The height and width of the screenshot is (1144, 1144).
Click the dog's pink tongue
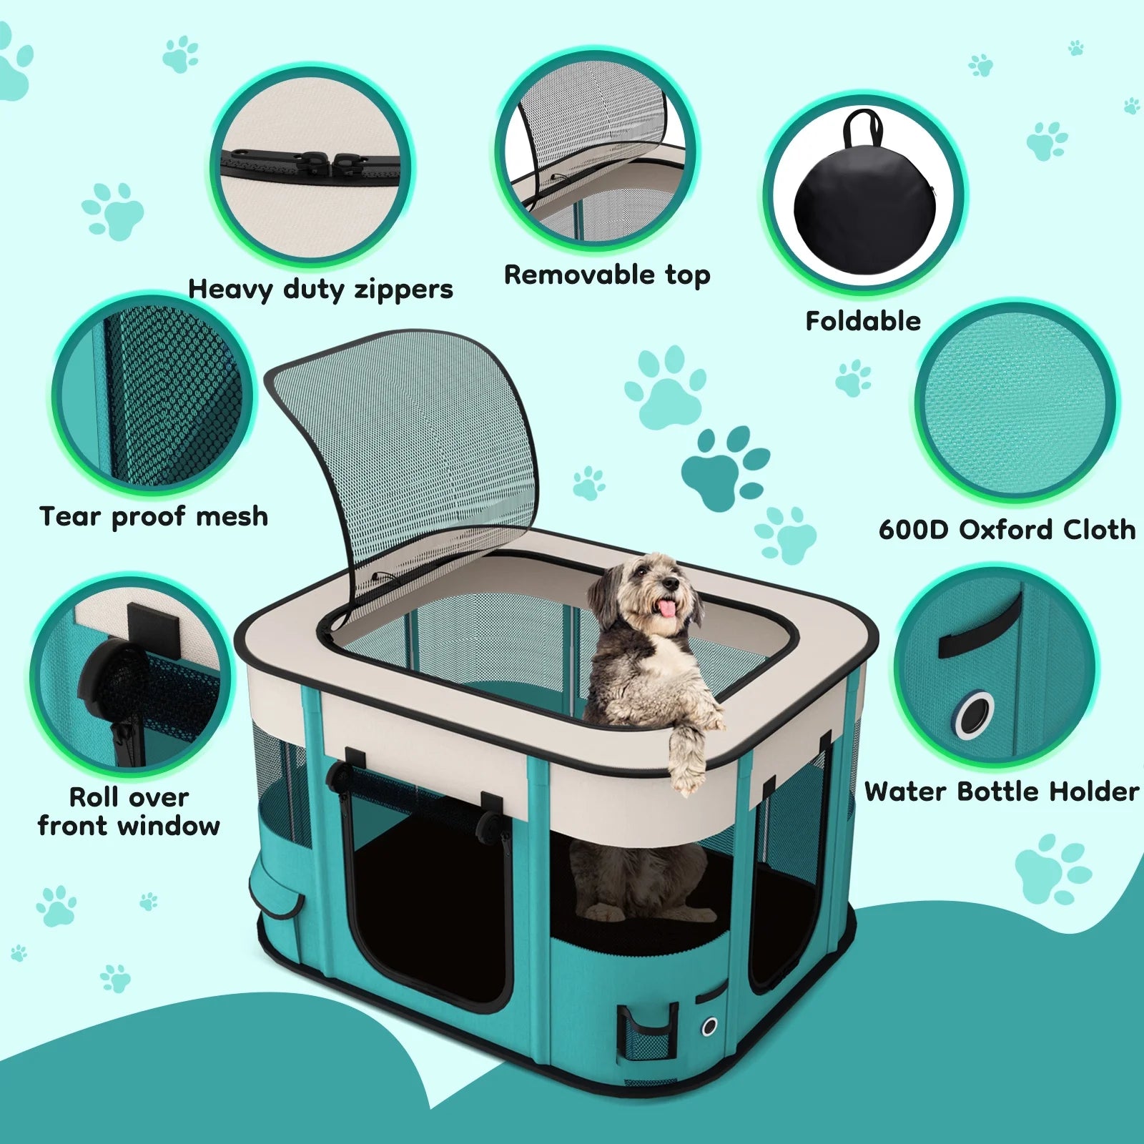666,608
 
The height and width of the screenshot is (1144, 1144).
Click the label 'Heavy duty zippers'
320,289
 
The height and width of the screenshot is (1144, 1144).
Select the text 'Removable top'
607,275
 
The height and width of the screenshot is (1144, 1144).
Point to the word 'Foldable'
863,321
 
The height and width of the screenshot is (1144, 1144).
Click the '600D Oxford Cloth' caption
1007,530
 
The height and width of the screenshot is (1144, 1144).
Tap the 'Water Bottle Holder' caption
1001,792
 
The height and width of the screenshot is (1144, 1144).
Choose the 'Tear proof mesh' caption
154,516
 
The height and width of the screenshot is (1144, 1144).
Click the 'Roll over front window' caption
129,812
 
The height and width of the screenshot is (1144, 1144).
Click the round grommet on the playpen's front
709,1027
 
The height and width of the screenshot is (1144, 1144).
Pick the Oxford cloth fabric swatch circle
1015,404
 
